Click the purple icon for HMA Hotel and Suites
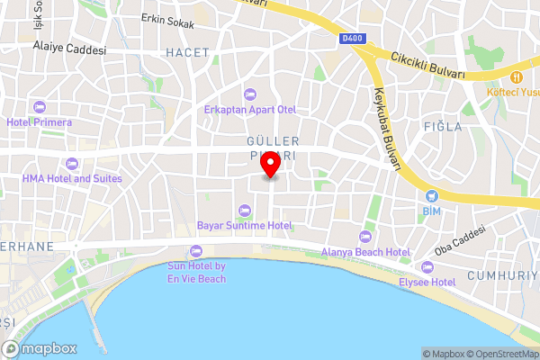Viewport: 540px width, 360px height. pyautogui.click(x=72, y=163)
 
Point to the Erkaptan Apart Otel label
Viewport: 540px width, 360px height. pyautogui.click(x=249, y=110)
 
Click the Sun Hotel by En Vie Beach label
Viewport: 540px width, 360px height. pyautogui.click(x=196, y=273)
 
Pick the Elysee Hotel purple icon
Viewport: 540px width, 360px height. pyautogui.click(x=427, y=267)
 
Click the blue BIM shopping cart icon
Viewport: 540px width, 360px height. pyautogui.click(x=432, y=194)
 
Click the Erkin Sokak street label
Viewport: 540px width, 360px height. pyautogui.click(x=171, y=18)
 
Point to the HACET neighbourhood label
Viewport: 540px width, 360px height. pyautogui.click(x=187, y=53)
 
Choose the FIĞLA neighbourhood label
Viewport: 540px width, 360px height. pyautogui.click(x=442, y=127)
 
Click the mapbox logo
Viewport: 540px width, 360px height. pyautogui.click(x=40, y=348)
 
